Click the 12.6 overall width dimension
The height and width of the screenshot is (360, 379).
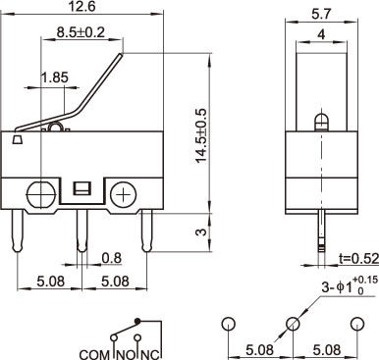[82, 7]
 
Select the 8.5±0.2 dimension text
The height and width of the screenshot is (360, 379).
[81, 32]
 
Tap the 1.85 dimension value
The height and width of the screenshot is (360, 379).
[55, 77]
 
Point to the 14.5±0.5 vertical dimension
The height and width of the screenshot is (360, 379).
[201, 134]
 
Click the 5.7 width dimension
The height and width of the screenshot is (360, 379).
[321, 14]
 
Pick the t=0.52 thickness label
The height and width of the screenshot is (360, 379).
[358, 258]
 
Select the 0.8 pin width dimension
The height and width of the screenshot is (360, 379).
[112, 258]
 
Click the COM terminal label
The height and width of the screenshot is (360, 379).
[94, 354]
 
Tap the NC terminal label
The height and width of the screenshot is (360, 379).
[150, 354]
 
